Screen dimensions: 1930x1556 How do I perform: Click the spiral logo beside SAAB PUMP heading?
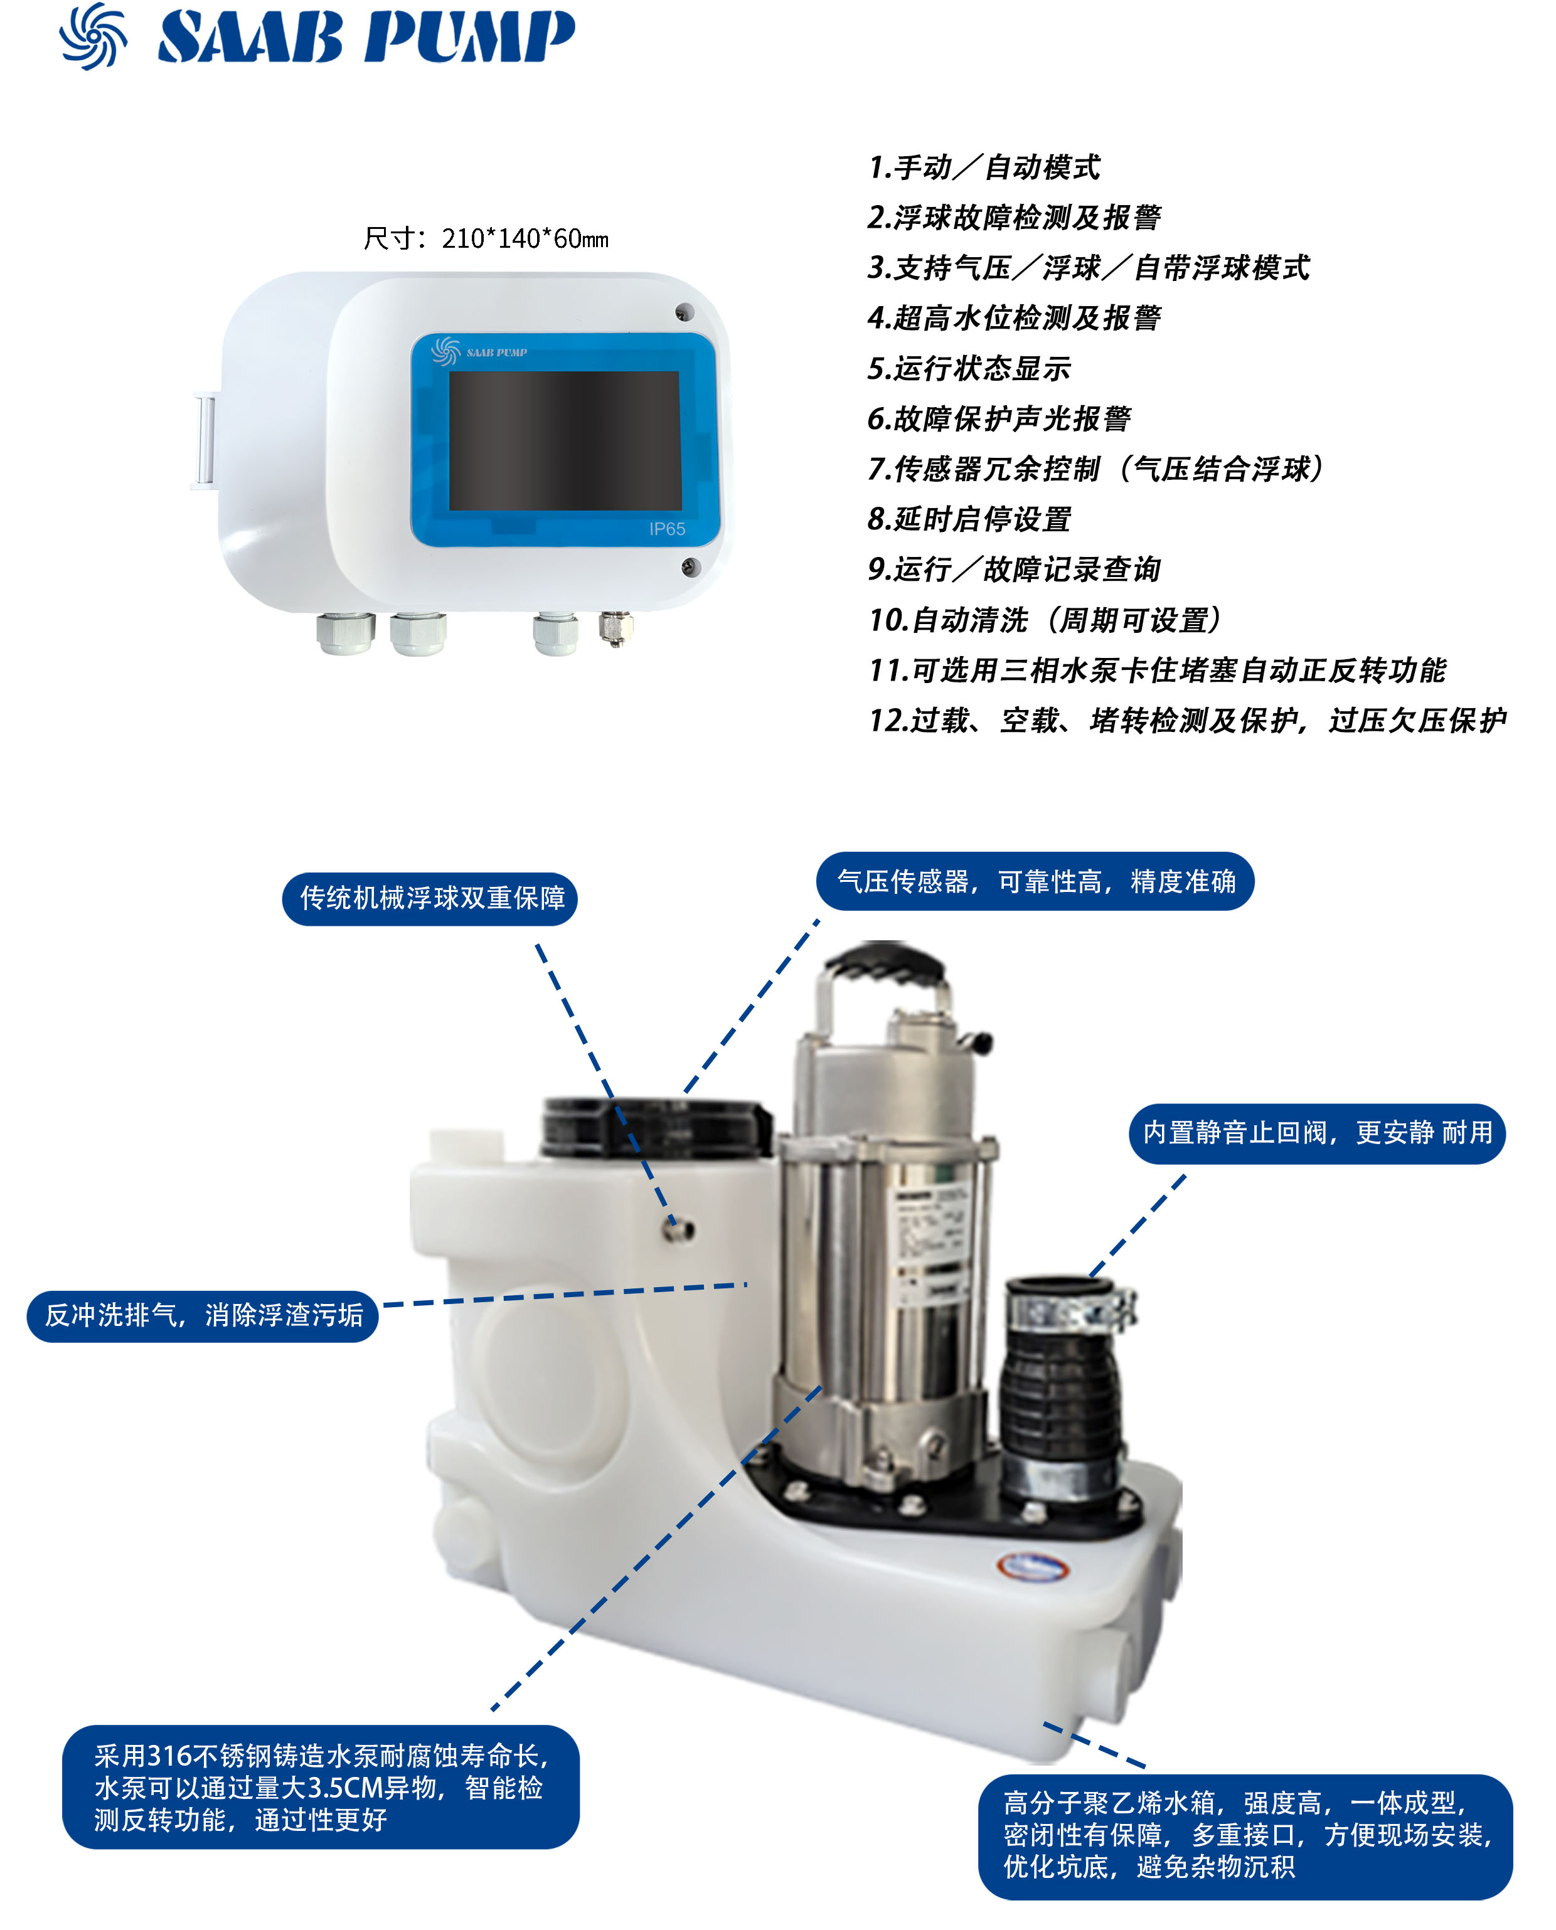92,36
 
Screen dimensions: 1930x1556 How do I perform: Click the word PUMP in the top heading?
468,38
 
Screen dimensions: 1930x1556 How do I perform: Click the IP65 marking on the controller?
667,529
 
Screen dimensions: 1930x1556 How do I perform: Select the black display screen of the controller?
565,441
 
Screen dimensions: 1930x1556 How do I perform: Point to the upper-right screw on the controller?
684,312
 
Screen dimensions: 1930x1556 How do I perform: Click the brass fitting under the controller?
615,627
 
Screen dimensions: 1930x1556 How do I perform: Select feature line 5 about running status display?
969,368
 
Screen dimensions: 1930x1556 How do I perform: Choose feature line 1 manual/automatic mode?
983,167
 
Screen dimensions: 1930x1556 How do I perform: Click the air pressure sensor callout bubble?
1035,882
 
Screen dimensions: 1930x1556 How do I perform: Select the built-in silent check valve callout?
1317,1133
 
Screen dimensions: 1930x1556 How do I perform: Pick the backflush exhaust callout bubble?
203,1315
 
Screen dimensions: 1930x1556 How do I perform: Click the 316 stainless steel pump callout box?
320,1788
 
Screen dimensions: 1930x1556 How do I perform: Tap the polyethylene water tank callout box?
1245,1835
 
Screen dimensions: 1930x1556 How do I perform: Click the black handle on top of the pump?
885,967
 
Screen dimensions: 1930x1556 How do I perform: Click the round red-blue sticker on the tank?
1033,1566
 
